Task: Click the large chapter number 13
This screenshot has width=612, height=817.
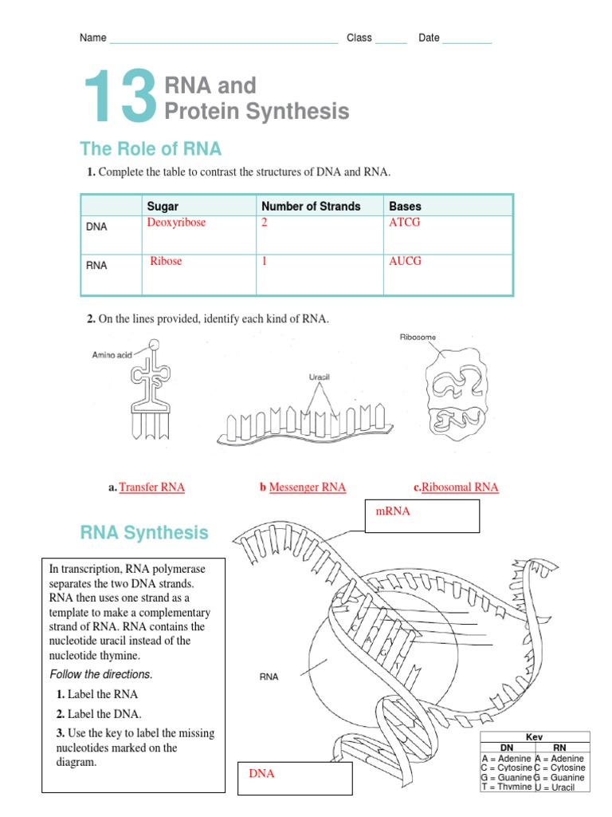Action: [120, 97]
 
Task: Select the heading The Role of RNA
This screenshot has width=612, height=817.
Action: [151, 149]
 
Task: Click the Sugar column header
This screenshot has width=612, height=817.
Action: [163, 206]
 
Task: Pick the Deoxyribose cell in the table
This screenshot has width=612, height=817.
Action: [176, 223]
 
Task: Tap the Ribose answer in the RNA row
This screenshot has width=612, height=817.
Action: [166, 261]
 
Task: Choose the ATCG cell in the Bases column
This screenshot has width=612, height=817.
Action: [404, 223]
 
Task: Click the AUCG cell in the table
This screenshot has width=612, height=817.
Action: [405, 261]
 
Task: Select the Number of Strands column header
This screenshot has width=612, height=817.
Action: [311, 206]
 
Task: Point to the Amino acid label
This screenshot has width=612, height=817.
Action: [112, 355]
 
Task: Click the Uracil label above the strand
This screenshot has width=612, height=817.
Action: [320, 377]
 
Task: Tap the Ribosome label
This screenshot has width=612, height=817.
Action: [418, 337]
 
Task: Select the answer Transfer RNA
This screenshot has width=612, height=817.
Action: [151, 487]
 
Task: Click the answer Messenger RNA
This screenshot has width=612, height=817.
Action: [307, 487]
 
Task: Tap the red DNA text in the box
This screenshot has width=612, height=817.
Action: [261, 774]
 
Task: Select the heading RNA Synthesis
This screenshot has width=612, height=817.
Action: [144, 532]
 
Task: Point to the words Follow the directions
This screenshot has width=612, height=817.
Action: [100, 674]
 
